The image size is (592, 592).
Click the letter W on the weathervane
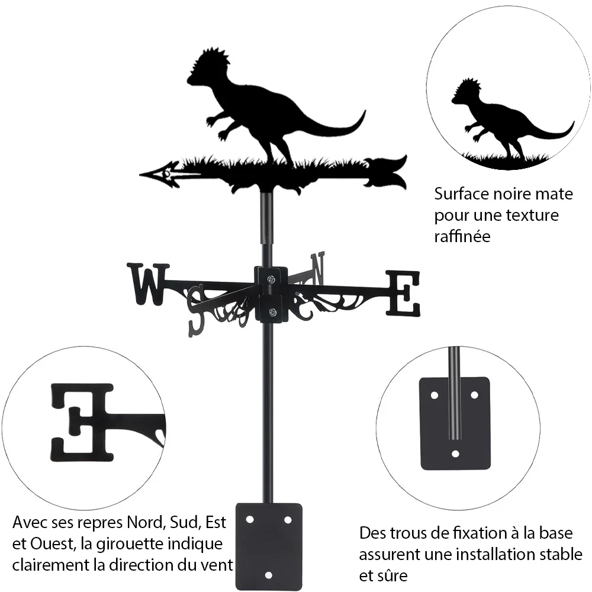click(148, 284)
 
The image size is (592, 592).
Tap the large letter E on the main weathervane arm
click(403, 293)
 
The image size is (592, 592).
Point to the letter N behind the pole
click(318, 269)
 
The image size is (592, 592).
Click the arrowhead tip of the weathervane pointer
click(140, 175)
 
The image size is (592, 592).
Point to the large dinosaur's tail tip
click(365, 111)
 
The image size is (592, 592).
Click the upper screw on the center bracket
click(271, 279)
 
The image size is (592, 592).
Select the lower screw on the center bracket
click(272, 312)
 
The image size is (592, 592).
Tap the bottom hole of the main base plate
click(268, 575)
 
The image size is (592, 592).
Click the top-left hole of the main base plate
click(249, 520)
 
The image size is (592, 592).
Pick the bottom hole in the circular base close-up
click(455, 453)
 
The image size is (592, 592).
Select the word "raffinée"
click(462, 237)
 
